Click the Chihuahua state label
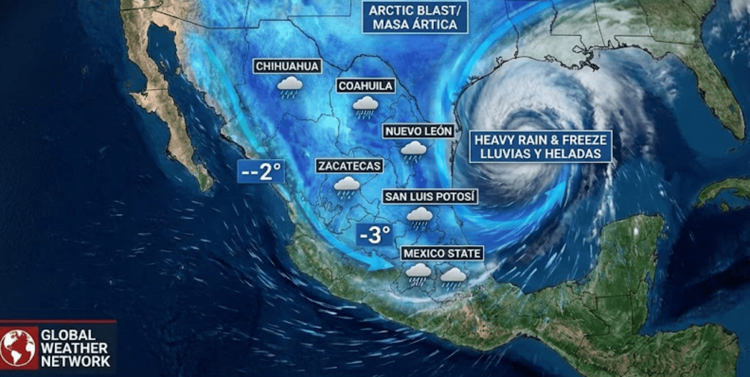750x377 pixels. pyautogui.click(x=287, y=66)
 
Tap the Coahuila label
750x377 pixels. pyautogui.click(x=366, y=86)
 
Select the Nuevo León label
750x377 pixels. pyautogui.click(x=418, y=131)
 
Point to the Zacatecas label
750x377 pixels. pyautogui.click(x=349, y=166)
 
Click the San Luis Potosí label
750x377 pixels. pyautogui.click(x=429, y=197)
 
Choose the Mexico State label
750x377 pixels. pyautogui.click(x=442, y=253)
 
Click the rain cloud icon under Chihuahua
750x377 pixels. pyautogui.click(x=290, y=87)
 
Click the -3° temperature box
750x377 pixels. pyautogui.click(x=375, y=234)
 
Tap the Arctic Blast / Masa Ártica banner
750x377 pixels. pyautogui.click(x=415, y=17)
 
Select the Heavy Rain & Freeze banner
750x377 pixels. pyautogui.click(x=540, y=146)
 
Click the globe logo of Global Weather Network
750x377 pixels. pyautogui.click(x=18, y=347)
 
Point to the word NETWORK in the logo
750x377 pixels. pyautogui.click(x=75, y=361)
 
